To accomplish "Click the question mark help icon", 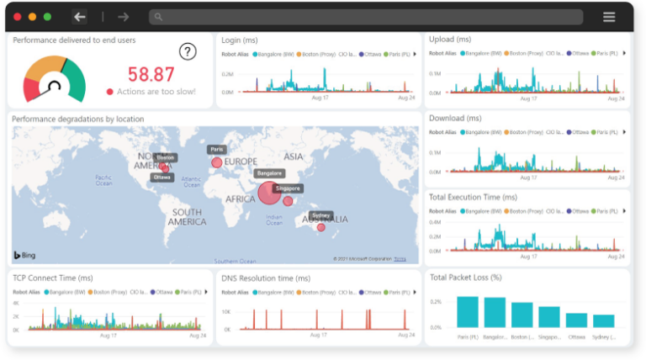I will (x=188, y=51).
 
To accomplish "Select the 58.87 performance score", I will (x=151, y=74).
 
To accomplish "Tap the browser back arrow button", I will (x=80, y=17).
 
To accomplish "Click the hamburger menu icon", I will (x=609, y=17).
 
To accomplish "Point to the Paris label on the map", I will (x=218, y=150).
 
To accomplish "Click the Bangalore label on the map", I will (x=269, y=174).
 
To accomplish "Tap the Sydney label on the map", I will (x=320, y=215).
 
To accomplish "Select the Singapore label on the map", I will (x=289, y=189).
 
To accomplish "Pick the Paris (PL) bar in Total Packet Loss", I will (x=468, y=312).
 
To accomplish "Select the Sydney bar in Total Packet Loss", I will (x=604, y=321).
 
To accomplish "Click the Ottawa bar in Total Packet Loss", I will (x=576, y=320).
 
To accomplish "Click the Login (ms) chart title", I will (x=240, y=40).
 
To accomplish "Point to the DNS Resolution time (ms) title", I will (x=266, y=278).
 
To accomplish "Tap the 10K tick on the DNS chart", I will (x=226, y=310).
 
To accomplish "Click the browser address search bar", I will (x=366, y=17).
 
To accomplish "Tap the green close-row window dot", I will (x=47, y=17).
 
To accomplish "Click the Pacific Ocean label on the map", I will (x=103, y=180).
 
